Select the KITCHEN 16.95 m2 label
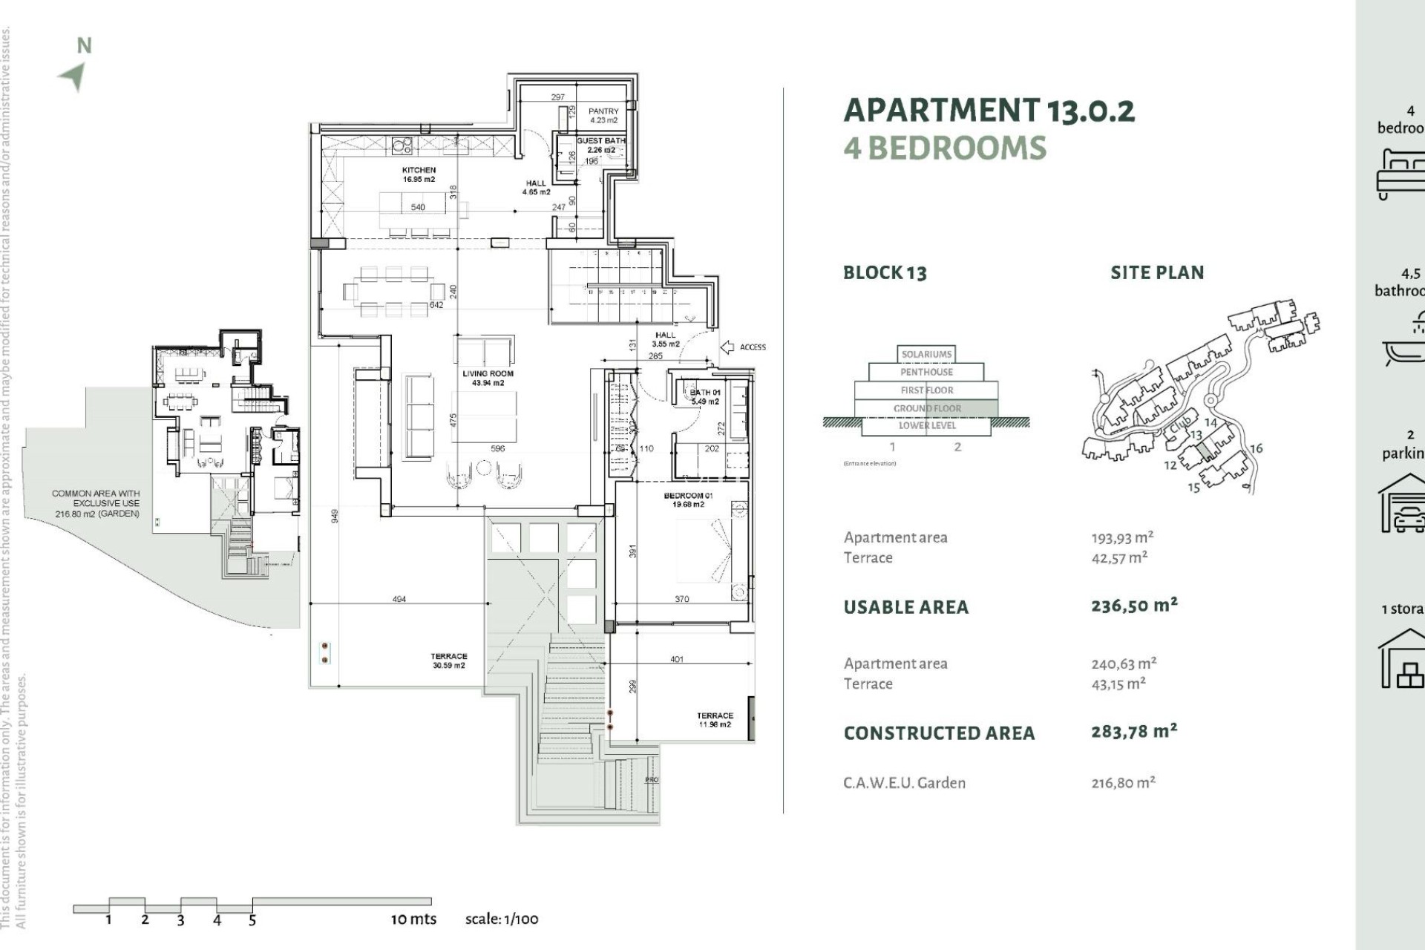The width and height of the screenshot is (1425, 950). click(x=419, y=174)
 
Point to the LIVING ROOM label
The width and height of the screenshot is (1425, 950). click(x=488, y=378)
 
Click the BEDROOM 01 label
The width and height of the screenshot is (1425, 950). click(x=688, y=499)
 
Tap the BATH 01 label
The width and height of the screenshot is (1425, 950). click(x=704, y=396)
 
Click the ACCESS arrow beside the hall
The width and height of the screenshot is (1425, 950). click(x=727, y=347)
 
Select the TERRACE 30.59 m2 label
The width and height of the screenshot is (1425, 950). click(x=448, y=661)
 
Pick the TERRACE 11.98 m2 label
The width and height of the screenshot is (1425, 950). click(x=715, y=719)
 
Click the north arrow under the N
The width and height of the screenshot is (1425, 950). click(x=73, y=76)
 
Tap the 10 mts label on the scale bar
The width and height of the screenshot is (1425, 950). click(x=413, y=919)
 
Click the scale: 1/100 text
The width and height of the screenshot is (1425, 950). click(x=502, y=919)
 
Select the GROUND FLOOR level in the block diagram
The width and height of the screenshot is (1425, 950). click(x=927, y=408)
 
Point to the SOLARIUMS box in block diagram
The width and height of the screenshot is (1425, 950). click(x=926, y=354)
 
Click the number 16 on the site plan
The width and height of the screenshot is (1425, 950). click(x=1256, y=448)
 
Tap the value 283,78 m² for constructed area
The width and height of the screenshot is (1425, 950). click(x=1133, y=731)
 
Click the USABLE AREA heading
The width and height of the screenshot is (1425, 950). click(x=905, y=607)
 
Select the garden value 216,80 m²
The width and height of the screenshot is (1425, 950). click(x=1123, y=782)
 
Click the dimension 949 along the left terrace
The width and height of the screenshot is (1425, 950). click(x=335, y=516)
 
